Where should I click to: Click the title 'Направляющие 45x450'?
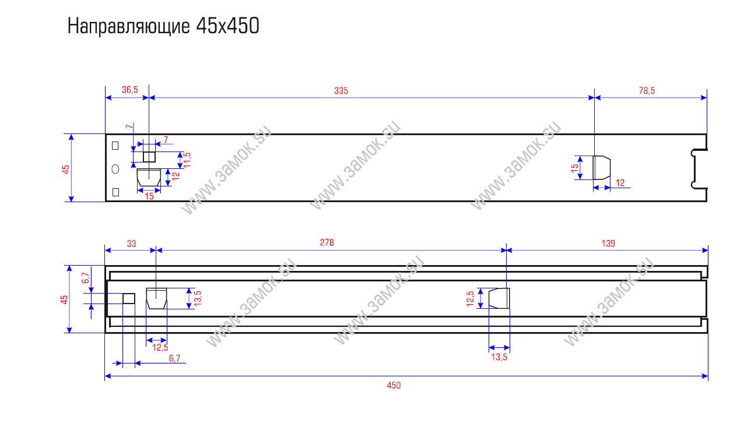point(163,27)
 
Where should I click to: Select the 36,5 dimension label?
point(129,90)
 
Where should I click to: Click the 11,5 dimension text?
point(187,160)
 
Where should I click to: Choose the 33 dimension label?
point(131,244)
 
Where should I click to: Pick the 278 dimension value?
point(327,244)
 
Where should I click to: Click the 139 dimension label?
point(608,244)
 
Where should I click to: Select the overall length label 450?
point(394,385)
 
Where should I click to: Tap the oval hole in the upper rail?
point(115,169)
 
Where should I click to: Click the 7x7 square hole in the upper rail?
point(149,157)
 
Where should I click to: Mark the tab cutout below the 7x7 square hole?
point(149,178)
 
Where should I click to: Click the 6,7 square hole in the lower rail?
point(129,298)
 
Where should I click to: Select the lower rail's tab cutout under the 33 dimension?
point(156,298)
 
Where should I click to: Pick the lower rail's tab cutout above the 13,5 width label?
point(499,298)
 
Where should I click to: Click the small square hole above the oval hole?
point(115,146)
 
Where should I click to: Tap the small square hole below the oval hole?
point(115,192)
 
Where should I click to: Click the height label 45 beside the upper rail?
point(66,168)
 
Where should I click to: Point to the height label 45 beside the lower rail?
point(65,299)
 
